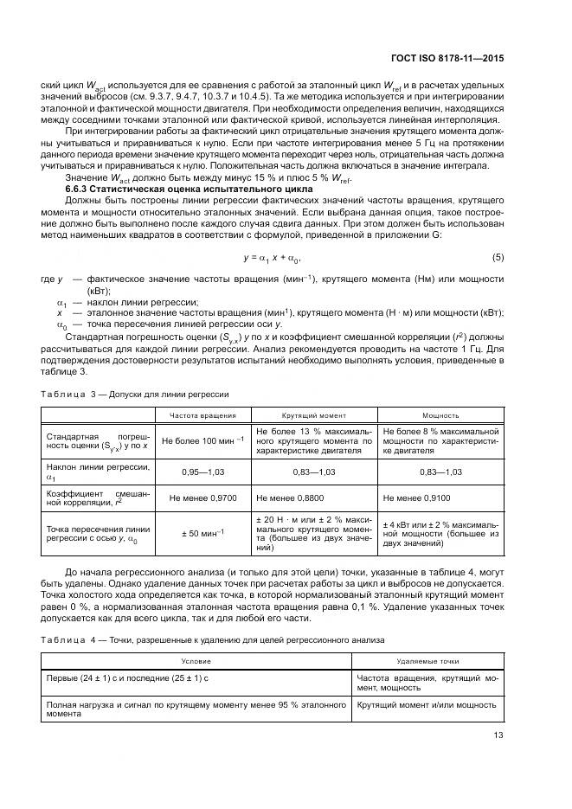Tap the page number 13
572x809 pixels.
498,736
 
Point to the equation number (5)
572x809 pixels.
498,258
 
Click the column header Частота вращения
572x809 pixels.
202,415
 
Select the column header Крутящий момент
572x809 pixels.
313,415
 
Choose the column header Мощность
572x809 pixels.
440,415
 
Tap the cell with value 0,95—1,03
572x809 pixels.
202,472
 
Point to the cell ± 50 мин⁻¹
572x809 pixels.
202,531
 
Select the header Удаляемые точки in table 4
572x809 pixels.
427,660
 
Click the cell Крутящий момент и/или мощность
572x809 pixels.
427,705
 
